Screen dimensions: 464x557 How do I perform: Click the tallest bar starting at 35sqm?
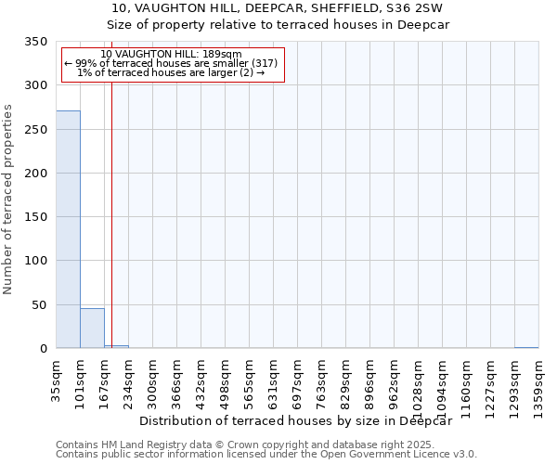(x=68, y=229)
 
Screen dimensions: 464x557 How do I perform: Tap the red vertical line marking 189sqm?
(x=111, y=213)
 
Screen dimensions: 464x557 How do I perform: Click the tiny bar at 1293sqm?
(x=526, y=347)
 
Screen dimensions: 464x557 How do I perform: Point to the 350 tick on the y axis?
(x=36, y=42)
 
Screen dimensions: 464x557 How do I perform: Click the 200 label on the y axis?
(x=36, y=174)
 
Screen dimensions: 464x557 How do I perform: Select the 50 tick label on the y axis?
(x=40, y=305)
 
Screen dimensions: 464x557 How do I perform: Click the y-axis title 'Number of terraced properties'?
(x=8, y=200)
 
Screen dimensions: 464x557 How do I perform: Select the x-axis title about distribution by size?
(x=301, y=420)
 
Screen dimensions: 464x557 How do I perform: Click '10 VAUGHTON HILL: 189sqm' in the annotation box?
(x=171, y=54)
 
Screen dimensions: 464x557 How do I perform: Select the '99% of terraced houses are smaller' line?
(x=171, y=63)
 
